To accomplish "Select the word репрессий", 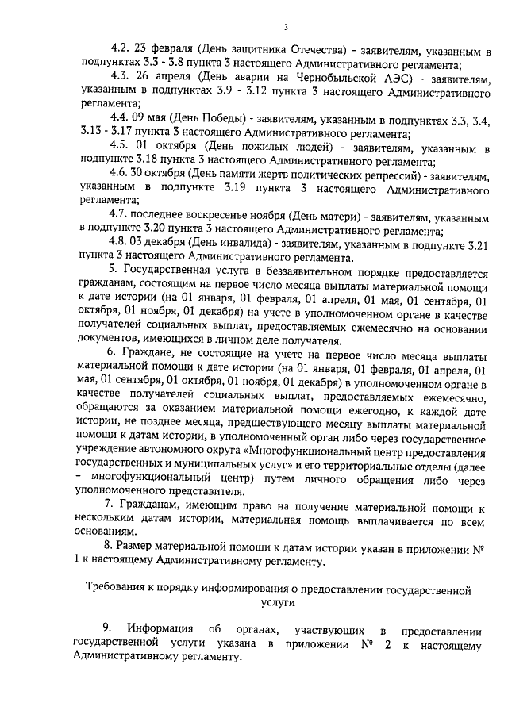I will (391, 173).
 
